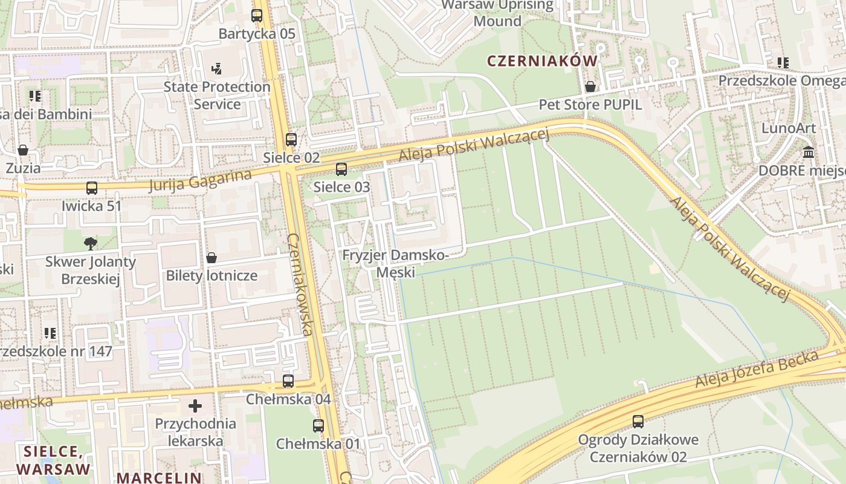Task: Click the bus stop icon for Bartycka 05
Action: point(257,16)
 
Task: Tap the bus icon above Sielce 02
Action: point(291,140)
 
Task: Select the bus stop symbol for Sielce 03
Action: point(341,169)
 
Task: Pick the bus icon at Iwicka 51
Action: point(92,188)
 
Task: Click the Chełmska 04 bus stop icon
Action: point(288,381)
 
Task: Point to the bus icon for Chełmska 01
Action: point(318,426)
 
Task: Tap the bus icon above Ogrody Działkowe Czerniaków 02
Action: point(638,422)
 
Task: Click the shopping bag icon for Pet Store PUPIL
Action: point(590,87)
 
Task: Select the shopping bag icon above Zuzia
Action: point(23,150)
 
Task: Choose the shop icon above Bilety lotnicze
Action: point(211,258)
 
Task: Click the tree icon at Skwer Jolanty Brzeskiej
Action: point(91,244)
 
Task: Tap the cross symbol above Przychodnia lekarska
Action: point(195,405)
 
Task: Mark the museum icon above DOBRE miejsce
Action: point(809,152)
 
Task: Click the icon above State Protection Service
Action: point(217,69)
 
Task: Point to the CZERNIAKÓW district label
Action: point(541,60)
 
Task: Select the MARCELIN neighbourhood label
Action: point(159,477)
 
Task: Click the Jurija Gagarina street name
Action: point(199,180)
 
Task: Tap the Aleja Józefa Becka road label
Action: point(757,369)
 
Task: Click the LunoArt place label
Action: point(788,128)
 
